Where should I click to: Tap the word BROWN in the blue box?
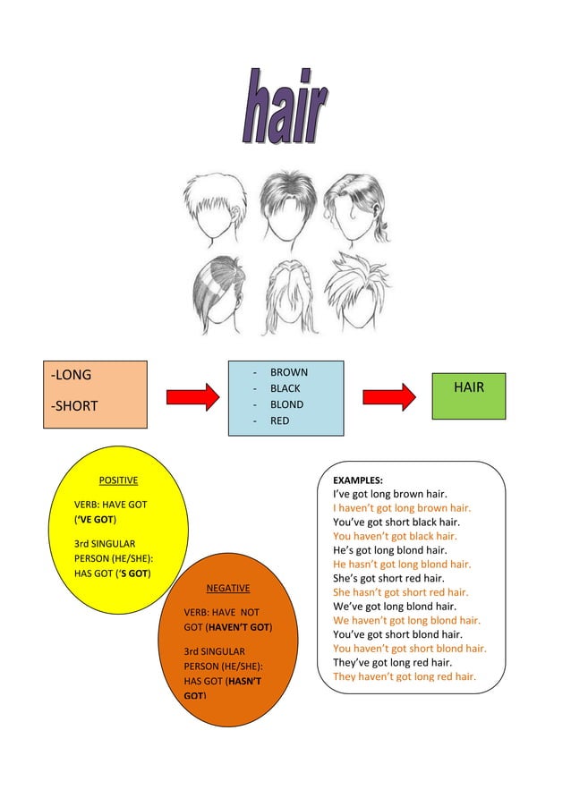tap(288, 372)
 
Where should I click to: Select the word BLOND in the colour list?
tap(286, 404)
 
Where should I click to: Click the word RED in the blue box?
tap(279, 420)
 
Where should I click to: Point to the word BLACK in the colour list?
tap(285, 388)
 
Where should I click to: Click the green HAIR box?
tap(468, 388)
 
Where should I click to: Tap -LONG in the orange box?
tap(72, 375)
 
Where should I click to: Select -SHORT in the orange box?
tap(75, 406)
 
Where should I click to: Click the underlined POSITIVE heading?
tap(118, 480)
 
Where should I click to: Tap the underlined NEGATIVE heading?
tap(228, 588)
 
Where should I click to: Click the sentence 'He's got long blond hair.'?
tap(389, 550)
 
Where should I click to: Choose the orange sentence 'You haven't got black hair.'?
tap(395, 536)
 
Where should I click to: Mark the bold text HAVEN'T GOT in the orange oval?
tap(239, 626)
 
